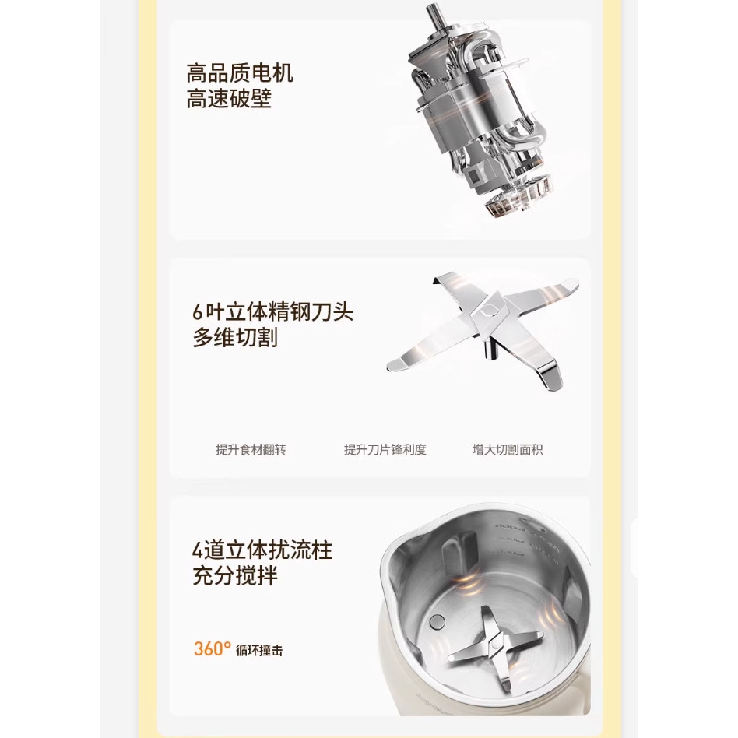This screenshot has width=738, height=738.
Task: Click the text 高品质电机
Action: click(x=240, y=74)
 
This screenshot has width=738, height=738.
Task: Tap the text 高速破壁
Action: click(x=229, y=100)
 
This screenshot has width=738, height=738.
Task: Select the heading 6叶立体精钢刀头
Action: click(x=272, y=312)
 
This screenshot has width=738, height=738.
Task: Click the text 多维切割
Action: click(x=235, y=338)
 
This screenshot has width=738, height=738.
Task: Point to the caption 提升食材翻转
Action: click(x=251, y=449)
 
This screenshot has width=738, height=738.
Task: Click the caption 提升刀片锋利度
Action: click(x=385, y=449)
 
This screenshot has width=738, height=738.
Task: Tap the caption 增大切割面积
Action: click(x=508, y=449)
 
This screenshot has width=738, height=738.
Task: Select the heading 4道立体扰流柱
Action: click(x=262, y=551)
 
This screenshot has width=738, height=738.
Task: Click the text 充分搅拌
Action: click(x=235, y=577)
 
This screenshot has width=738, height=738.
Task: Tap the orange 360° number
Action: click(x=212, y=648)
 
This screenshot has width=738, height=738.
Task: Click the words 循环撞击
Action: click(x=259, y=650)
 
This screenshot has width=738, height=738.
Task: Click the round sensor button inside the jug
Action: click(x=438, y=621)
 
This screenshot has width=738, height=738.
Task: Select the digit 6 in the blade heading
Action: click(x=198, y=313)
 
